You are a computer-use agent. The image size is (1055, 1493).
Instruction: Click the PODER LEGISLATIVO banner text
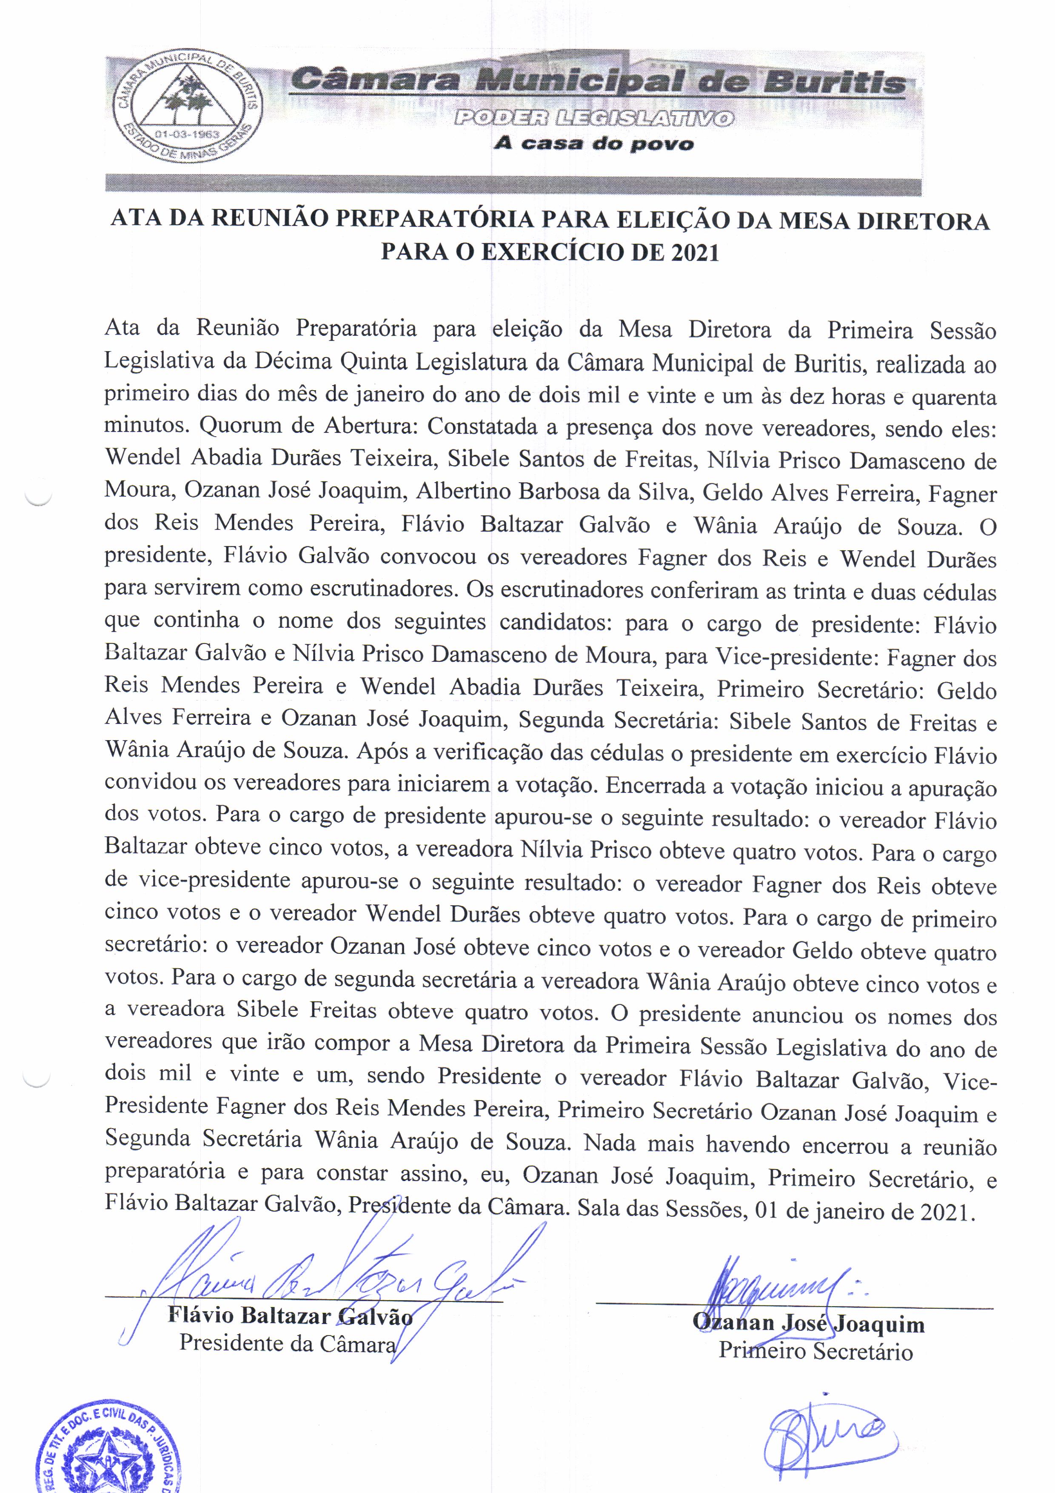pos(593,118)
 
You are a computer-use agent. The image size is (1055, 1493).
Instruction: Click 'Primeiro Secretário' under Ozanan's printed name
pos(815,1351)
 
